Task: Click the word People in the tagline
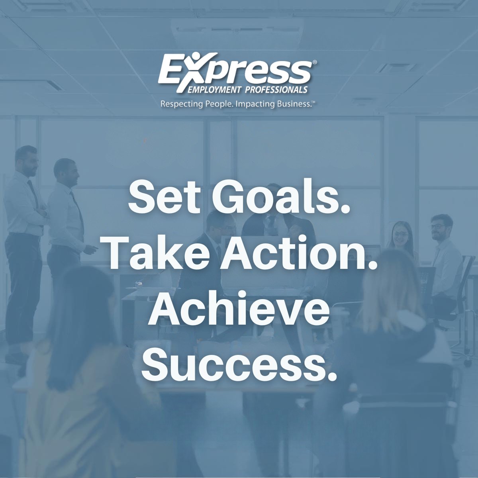[x=215, y=104]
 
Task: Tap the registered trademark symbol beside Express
[x=315, y=63]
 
